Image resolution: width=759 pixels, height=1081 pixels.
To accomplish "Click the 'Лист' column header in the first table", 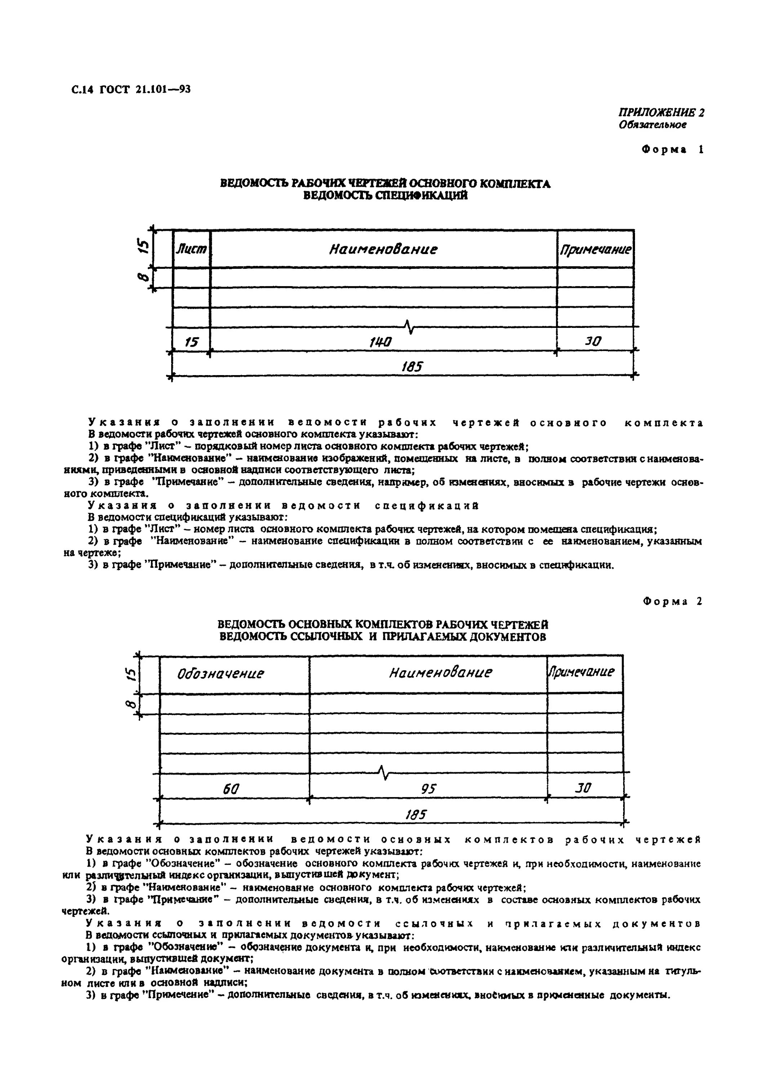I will pyautogui.click(x=191, y=249).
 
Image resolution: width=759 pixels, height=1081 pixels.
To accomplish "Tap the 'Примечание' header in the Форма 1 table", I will pyautogui.click(x=595, y=249).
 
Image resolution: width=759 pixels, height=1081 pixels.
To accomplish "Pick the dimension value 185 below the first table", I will pyautogui.click(x=412, y=366).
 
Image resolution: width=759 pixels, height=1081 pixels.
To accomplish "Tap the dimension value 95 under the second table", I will pyautogui.click(x=429, y=788).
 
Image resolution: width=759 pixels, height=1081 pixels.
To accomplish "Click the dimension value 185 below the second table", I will pyautogui.click(x=415, y=814).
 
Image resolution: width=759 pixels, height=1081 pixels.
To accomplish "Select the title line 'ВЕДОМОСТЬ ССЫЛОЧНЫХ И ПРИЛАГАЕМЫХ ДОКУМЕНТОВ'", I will pyautogui.click(x=382, y=637).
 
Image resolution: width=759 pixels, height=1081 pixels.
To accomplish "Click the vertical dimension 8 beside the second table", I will pyautogui.click(x=132, y=704).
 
